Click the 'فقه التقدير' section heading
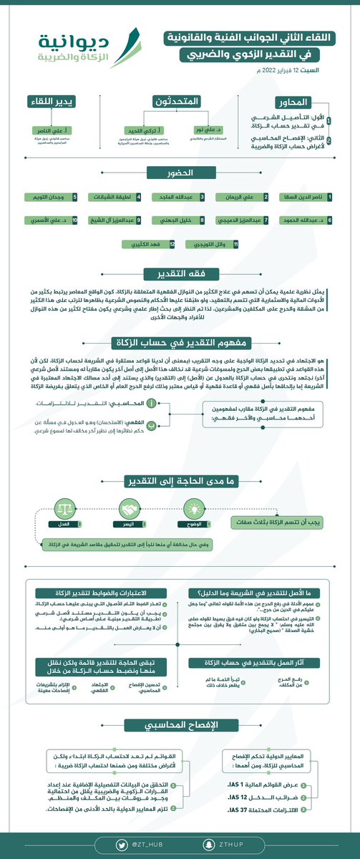(180, 274)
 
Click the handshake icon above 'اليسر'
(129, 510)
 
